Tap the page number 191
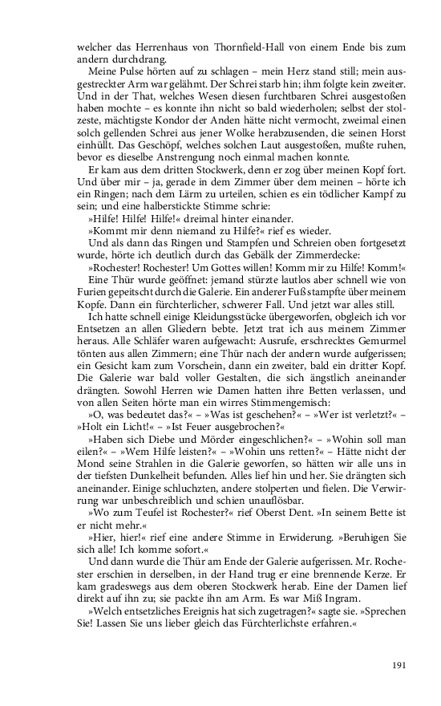point(401,664)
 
